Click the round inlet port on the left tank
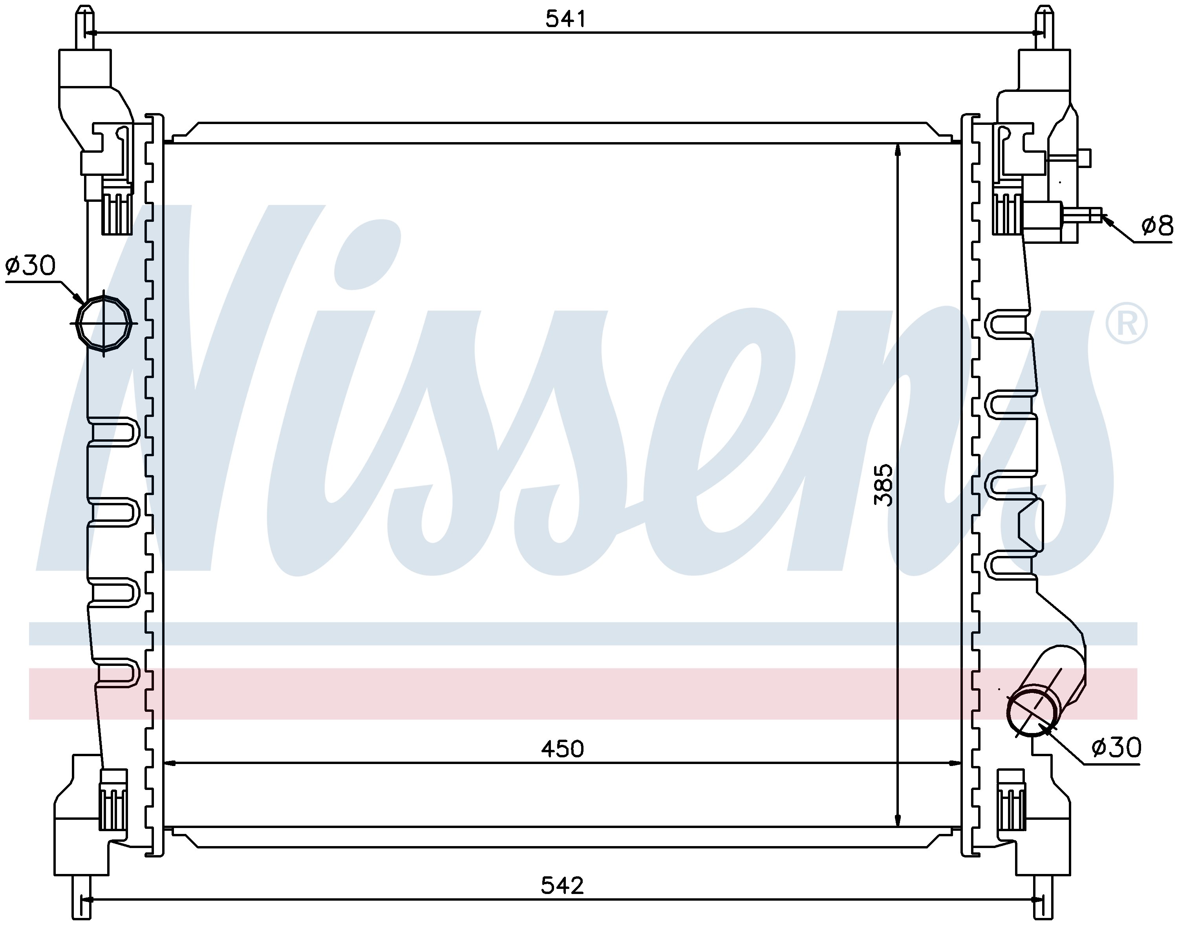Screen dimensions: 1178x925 pos(104,323)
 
